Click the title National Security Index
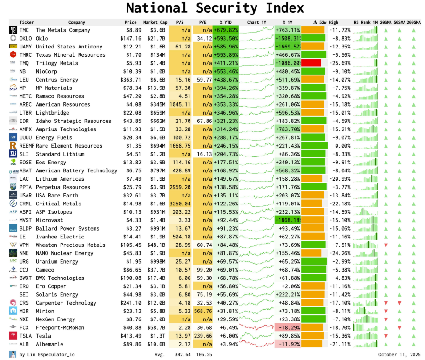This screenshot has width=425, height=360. [215, 8]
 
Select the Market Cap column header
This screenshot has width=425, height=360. [155, 22]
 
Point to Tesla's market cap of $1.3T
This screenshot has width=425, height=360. [157, 336]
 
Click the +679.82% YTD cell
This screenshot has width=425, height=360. [226, 30]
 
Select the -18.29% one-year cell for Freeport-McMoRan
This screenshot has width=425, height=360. [288, 327]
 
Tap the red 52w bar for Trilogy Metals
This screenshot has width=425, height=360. [311, 63]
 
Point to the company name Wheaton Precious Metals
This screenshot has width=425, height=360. [70, 245]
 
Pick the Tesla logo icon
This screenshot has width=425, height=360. [13, 336]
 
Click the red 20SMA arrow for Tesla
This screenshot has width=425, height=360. [385, 336]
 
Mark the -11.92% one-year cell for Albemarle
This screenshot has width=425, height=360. [288, 344]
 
